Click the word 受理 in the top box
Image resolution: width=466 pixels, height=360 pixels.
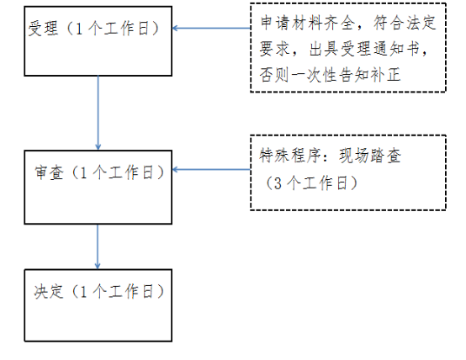43,29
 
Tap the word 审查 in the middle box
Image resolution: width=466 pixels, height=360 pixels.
50,172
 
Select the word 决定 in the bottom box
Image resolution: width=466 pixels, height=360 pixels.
49,291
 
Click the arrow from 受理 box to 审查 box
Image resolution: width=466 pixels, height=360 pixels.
98,113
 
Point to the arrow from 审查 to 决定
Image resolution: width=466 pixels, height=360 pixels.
98,246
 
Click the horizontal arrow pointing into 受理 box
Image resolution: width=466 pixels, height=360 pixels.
211,29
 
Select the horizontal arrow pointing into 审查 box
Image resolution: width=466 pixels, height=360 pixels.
211,169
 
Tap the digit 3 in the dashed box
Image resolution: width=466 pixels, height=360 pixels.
278,183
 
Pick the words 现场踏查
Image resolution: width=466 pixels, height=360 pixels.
370,155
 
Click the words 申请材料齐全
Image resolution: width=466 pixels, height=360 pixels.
308,23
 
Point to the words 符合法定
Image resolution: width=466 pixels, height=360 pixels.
405,23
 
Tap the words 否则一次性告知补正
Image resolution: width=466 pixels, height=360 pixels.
331,75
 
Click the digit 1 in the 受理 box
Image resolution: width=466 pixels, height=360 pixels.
79,29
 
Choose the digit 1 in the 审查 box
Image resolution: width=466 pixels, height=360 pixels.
83,172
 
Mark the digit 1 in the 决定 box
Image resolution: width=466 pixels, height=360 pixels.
83,292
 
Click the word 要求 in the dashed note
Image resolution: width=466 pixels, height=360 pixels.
274,49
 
